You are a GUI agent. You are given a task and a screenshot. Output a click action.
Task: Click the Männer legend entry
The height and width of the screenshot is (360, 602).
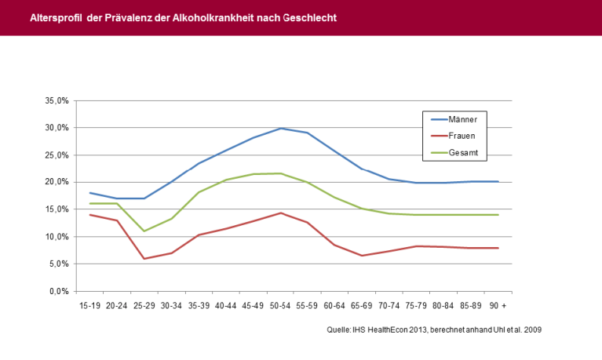462,119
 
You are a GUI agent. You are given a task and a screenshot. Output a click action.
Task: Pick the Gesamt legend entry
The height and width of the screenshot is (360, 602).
462,152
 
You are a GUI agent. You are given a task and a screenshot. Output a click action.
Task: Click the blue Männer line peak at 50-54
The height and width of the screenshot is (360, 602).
280,128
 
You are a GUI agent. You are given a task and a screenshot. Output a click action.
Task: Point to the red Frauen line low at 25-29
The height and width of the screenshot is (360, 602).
144,259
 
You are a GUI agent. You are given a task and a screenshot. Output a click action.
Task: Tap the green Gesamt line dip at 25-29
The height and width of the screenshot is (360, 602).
144,231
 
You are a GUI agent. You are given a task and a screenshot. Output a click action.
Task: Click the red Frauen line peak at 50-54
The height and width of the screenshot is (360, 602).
280,213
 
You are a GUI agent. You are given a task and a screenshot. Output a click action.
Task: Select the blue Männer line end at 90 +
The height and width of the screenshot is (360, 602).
498,181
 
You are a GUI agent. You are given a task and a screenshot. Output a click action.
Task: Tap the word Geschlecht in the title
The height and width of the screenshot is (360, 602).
309,17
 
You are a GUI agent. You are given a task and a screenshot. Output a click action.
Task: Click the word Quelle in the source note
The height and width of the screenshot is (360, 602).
339,330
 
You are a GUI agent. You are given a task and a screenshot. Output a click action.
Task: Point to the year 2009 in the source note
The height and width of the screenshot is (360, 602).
532,330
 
